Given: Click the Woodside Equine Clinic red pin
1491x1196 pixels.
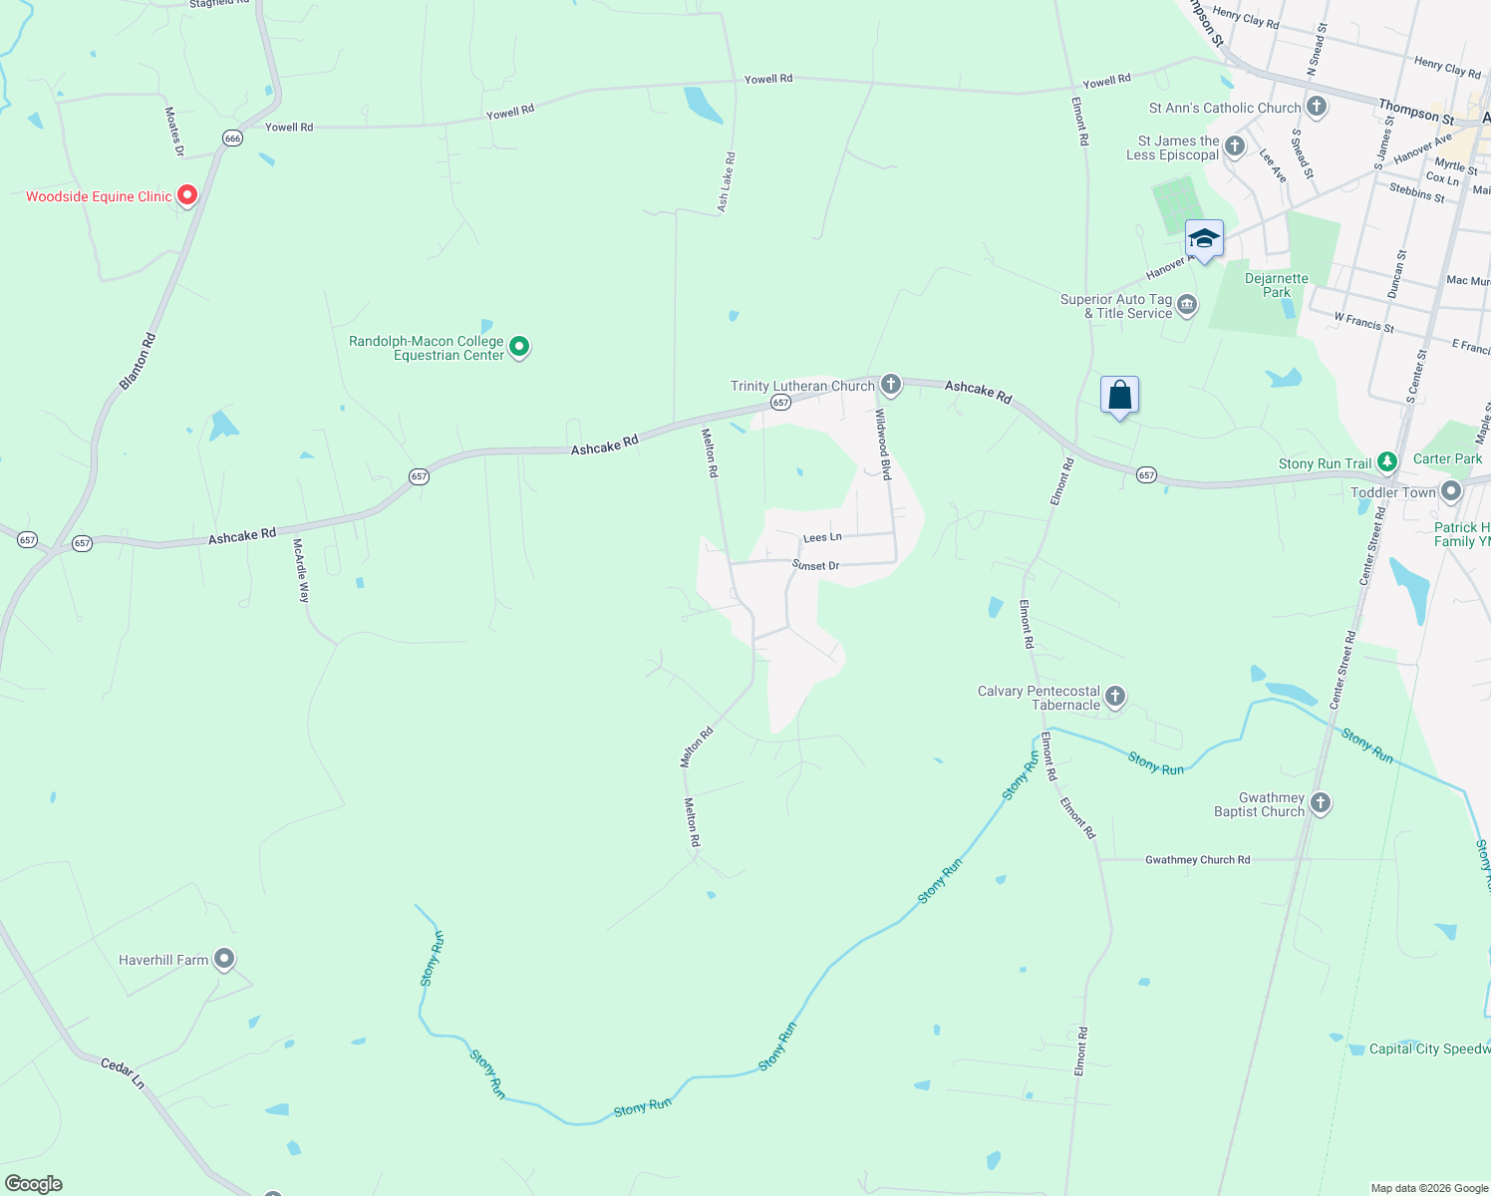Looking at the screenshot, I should (186, 195).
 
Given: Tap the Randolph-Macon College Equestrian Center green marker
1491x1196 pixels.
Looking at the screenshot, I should (519, 347).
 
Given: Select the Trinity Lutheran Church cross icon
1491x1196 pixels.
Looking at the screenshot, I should (891, 385).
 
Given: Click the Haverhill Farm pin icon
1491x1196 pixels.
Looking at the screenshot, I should (224, 959).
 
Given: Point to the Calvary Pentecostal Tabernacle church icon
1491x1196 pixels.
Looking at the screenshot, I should (1115, 697).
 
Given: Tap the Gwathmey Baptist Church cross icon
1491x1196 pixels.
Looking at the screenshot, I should (1321, 803).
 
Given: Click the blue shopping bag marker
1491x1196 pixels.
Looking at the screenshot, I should (1119, 396).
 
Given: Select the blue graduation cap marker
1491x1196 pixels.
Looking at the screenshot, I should (1204, 239).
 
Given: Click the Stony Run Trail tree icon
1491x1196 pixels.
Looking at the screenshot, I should (1387, 462).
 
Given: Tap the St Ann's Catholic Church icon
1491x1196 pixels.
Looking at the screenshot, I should (1317, 107).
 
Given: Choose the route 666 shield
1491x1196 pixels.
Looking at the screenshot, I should (232, 139).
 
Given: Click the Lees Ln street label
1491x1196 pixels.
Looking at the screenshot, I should (822, 537).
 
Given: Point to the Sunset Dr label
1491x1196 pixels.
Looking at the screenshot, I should (815, 565).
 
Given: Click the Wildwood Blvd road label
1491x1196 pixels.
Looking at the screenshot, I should (883, 444).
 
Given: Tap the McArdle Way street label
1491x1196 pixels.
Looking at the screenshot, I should (301, 570).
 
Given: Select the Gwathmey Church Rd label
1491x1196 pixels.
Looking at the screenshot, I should (1197, 859).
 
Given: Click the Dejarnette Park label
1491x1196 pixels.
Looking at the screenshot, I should (1276, 285).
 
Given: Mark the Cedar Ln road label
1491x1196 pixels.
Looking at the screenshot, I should (123, 1072).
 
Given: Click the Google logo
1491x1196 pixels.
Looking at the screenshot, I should (34, 1184).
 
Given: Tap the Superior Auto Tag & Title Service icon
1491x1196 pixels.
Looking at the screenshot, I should (1186, 305).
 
